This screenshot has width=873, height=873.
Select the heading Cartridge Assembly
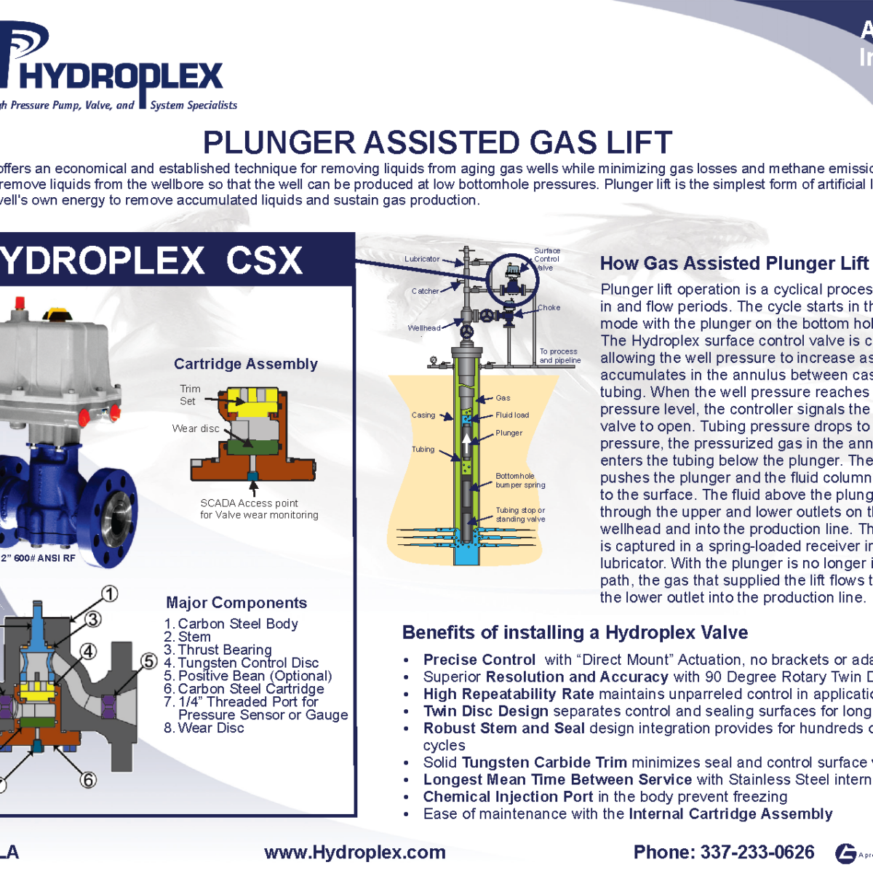point(246,364)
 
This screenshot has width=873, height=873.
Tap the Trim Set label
point(190,395)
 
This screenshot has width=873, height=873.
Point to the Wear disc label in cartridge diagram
point(196,428)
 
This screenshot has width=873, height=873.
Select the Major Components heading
point(236,602)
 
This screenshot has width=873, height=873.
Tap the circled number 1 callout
point(109,594)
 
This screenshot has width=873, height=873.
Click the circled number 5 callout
point(149,661)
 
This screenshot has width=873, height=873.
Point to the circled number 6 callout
point(88,780)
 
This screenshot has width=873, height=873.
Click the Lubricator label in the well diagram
point(422,259)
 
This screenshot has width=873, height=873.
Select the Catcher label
point(425,291)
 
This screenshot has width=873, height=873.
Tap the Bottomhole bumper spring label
point(520,480)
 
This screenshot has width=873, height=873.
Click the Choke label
point(549,308)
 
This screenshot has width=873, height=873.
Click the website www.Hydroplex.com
point(355,853)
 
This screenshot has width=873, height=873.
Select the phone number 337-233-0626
point(757,853)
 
